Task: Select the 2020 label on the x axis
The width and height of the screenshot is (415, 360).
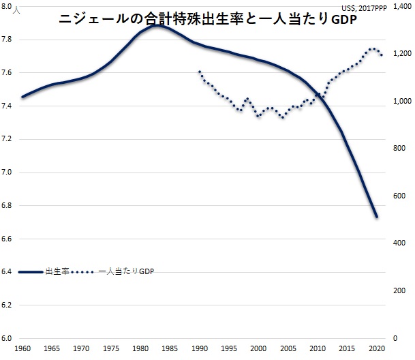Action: tap(378, 348)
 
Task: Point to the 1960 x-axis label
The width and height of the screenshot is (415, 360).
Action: tap(22, 348)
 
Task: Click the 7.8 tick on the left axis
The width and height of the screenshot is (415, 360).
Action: tap(10, 40)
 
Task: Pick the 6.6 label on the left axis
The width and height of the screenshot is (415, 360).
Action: tap(10, 239)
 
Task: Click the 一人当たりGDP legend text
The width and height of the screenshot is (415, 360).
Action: tap(127, 272)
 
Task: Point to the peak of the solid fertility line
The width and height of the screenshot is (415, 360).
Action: tap(157, 26)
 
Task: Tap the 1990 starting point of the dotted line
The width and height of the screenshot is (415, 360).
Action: tap(199, 71)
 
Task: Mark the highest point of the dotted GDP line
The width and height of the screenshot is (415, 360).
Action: tap(372, 48)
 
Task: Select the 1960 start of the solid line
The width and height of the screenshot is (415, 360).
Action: tap(22, 97)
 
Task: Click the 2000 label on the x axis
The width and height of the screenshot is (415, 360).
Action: tap(258, 348)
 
